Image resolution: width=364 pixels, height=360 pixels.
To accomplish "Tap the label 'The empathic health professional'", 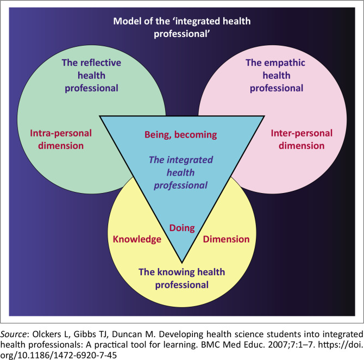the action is (x=274, y=76).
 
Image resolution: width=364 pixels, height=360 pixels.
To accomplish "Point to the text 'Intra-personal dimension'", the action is (x=61, y=139).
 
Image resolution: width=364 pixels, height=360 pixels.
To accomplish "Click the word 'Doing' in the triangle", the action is (x=182, y=228).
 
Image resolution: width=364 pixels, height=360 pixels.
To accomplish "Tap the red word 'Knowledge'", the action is (x=137, y=239).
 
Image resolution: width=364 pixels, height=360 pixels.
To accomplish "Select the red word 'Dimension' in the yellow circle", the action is (x=226, y=239).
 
